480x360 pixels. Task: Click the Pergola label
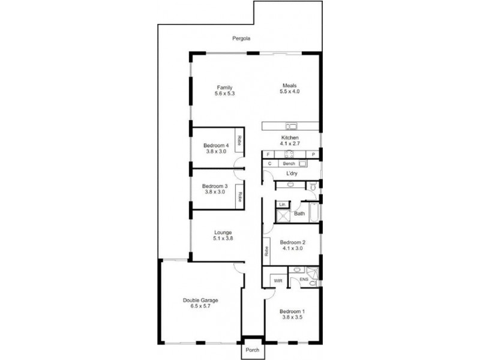point(242,38)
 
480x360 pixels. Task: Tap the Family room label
point(224,87)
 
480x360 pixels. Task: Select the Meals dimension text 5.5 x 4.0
point(289,92)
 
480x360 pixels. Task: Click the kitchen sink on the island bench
point(292,127)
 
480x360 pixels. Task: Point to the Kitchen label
point(290,138)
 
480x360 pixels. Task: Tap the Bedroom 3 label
point(214,186)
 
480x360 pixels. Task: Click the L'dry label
point(292,173)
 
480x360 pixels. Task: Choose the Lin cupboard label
point(281,205)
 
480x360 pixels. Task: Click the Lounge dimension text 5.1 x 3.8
point(223,238)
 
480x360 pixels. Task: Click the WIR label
point(277,280)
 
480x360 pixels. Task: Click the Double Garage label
point(200,300)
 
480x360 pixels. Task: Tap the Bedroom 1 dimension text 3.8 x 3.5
point(292,317)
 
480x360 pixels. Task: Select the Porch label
point(251,350)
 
